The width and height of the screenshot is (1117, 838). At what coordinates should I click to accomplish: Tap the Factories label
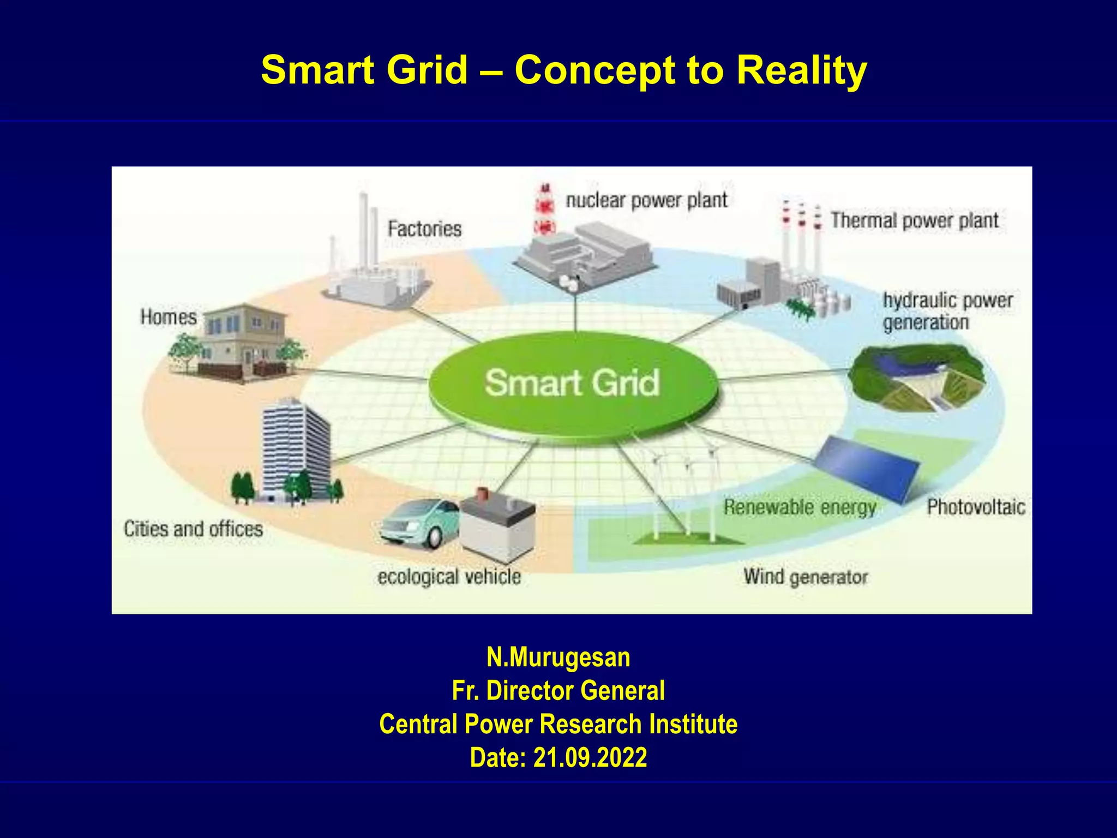coord(424,229)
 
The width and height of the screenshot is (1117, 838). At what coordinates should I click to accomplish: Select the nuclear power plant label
coord(646,200)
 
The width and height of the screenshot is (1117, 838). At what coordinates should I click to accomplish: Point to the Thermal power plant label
coord(915,220)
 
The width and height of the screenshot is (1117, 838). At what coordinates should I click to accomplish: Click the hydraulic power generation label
coord(947,311)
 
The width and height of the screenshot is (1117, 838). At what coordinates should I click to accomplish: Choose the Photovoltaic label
coord(976,507)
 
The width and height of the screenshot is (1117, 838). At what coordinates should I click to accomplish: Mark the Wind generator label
coord(805,577)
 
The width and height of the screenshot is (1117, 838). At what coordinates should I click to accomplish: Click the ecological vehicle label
coord(449,577)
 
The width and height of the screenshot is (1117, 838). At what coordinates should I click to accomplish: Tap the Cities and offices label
coord(193,529)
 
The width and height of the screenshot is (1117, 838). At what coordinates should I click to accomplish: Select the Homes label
coord(168,317)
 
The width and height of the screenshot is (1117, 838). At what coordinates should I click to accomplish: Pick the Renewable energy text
coord(800,507)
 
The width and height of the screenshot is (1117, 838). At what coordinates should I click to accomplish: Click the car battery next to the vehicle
coord(497,526)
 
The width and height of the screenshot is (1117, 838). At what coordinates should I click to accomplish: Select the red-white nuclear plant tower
coord(544,210)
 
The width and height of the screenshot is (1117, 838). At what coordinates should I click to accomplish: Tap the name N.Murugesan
coord(558,657)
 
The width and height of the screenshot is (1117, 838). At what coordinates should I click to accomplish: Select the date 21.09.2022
coord(590,757)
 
